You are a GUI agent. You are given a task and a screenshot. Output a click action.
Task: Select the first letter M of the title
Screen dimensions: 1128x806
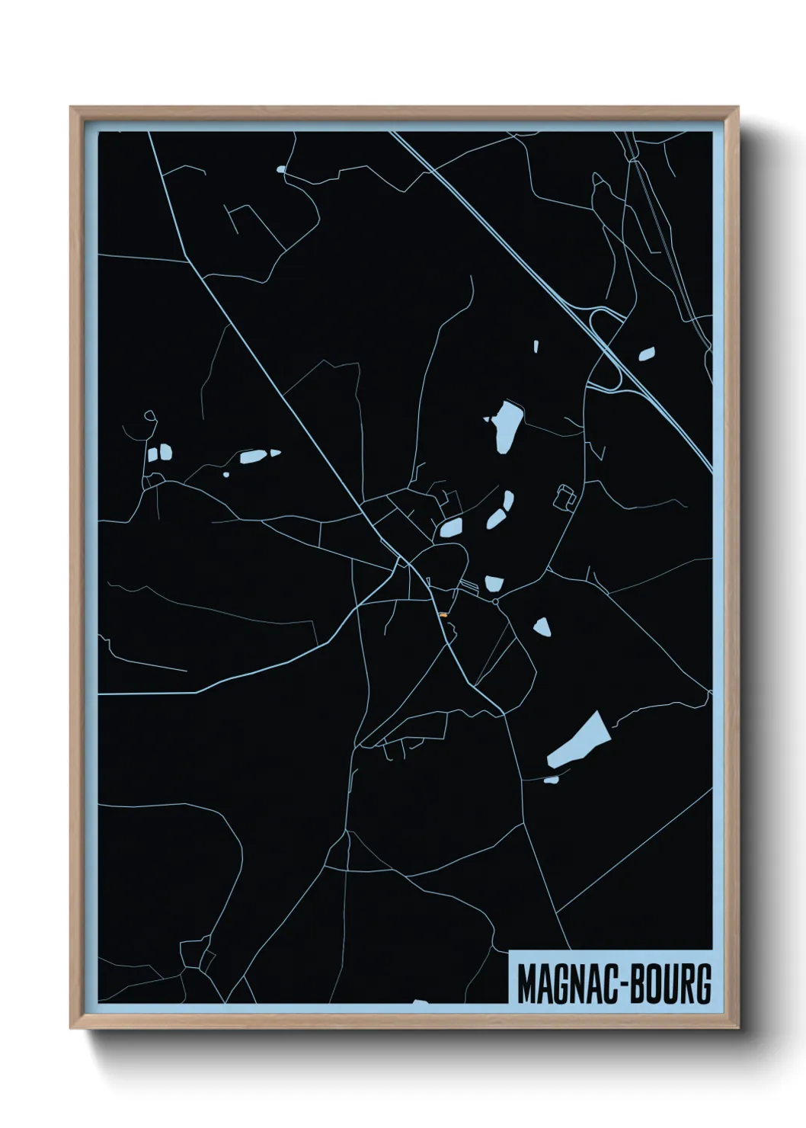pyautogui.click(x=526, y=984)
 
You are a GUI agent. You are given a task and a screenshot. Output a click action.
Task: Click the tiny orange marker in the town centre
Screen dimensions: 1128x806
pyautogui.click(x=443, y=614)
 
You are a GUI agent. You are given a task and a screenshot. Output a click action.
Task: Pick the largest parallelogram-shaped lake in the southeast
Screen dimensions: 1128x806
pyautogui.click(x=579, y=739)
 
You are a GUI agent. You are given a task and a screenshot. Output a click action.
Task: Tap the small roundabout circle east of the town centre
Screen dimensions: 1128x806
pyautogui.click(x=495, y=602)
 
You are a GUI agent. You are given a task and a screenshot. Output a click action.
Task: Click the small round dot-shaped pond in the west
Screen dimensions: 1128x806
pyautogui.click(x=225, y=475)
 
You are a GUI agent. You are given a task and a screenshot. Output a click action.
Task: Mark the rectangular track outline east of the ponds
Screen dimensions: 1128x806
pyautogui.click(x=565, y=496)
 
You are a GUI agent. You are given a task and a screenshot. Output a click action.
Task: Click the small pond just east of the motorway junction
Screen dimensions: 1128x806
pyautogui.click(x=647, y=354)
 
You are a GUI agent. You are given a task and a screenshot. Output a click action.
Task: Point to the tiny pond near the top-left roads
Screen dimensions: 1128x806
pyautogui.click(x=281, y=169)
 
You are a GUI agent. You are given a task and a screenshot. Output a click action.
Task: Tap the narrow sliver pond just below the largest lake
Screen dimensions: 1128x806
pyautogui.click(x=551, y=779)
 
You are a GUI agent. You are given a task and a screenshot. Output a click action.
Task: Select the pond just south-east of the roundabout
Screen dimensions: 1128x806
pyautogui.click(x=542, y=627)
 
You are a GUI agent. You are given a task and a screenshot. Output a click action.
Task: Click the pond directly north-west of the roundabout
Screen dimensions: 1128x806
pyautogui.click(x=493, y=584)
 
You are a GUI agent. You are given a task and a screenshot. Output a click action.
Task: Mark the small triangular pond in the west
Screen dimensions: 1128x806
pyautogui.click(x=274, y=453)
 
